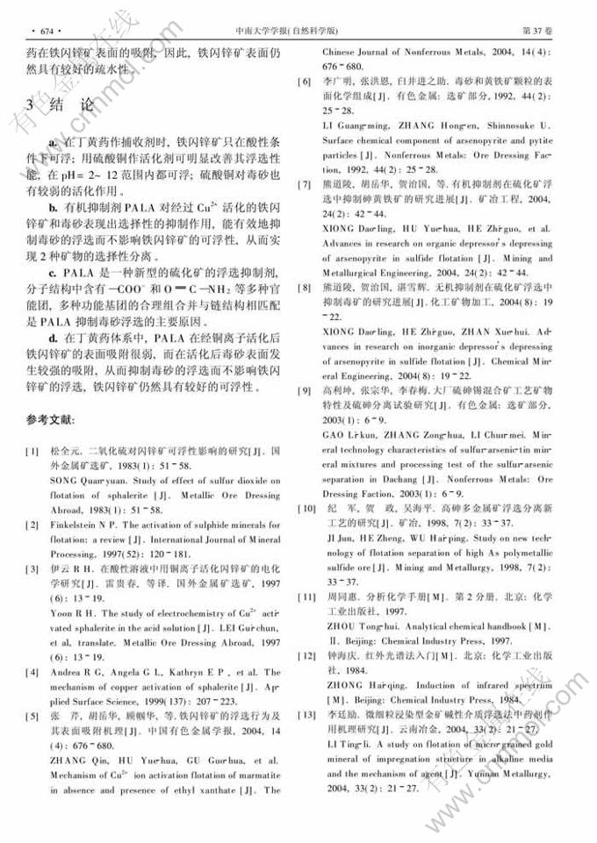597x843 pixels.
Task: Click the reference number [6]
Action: [x=304, y=82]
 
